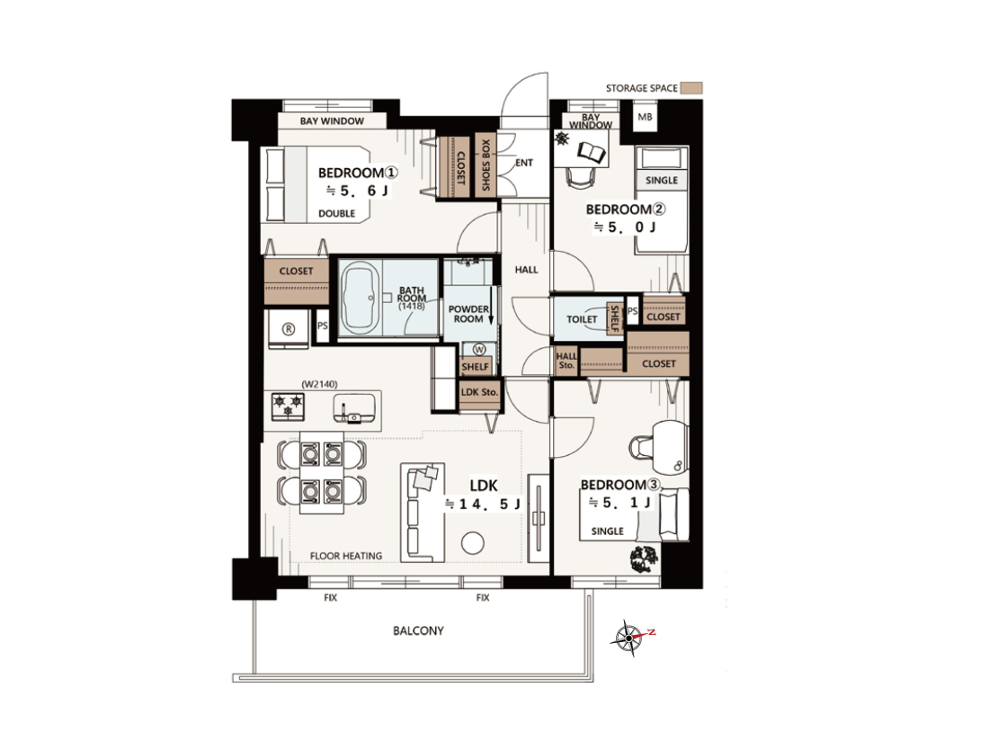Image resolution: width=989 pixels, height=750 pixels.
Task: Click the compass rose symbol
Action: point(628,638)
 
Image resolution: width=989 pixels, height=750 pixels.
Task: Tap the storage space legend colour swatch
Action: point(694,88)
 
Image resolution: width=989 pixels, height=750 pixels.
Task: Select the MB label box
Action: point(645,117)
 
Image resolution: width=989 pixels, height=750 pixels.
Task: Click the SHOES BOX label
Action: point(486,165)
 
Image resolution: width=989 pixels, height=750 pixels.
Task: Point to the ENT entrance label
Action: point(524,163)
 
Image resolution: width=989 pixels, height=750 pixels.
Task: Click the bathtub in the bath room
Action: point(360,298)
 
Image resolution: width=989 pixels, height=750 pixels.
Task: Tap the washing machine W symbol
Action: point(478,349)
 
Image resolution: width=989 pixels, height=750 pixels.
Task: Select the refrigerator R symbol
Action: point(289,328)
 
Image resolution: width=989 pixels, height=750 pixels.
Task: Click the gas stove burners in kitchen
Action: point(289,406)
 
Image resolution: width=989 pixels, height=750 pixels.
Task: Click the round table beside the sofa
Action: point(472,542)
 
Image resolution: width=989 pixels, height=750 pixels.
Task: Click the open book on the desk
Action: point(592,152)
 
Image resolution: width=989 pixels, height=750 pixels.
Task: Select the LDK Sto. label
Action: point(479,392)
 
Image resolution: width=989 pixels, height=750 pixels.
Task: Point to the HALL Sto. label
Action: point(566,361)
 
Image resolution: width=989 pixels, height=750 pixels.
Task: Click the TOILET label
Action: point(582,319)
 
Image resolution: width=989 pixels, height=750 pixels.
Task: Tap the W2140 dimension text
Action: point(319,384)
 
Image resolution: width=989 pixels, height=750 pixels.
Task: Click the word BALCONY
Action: point(418,630)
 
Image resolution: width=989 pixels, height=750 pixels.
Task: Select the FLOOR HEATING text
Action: point(345,556)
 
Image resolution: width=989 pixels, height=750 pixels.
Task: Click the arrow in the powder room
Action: point(491,307)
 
